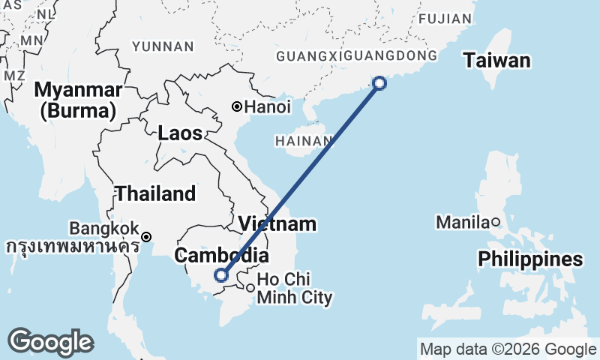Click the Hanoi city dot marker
(x=237, y=107)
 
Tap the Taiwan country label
(x=496, y=61)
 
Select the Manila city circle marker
(x=496, y=222)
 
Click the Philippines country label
(x=531, y=259)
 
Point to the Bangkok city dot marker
(x=147, y=237)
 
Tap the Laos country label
(x=180, y=134)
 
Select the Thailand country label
(x=155, y=193)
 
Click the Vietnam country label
(x=277, y=224)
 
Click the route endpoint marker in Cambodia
(x=221, y=275)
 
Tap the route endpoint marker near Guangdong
(x=379, y=83)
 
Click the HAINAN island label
(x=304, y=140)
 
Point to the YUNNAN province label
(x=163, y=46)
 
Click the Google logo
(x=50, y=342)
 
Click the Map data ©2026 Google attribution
(x=508, y=349)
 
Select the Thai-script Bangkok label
(x=72, y=245)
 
